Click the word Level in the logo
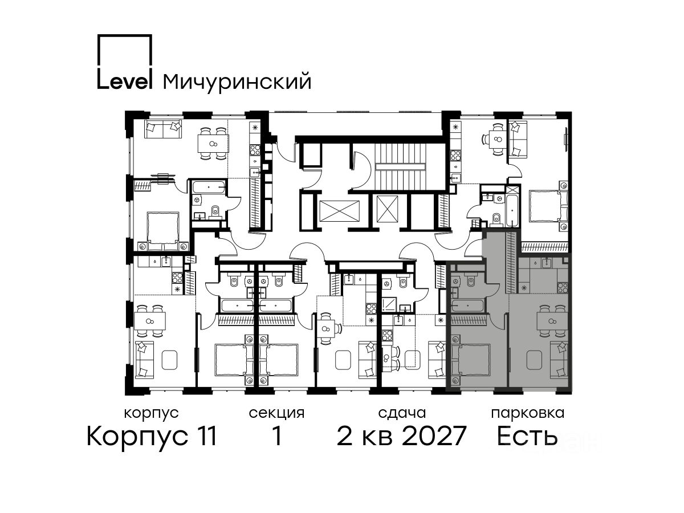coord(124,81)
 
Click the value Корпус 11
coord(152,437)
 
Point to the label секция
coord(276,414)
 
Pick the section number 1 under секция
coord(277,436)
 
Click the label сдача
coord(402,414)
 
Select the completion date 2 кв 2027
coord(402,436)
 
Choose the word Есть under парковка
coord(527,436)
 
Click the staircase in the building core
coord(400,166)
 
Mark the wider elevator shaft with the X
coord(339,211)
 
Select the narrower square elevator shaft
coord(388,209)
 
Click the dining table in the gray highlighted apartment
coord(552,321)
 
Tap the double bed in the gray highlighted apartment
coord(471,360)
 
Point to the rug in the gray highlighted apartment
coord(534,360)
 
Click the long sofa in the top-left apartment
coord(163,129)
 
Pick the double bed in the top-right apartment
coord(548,206)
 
